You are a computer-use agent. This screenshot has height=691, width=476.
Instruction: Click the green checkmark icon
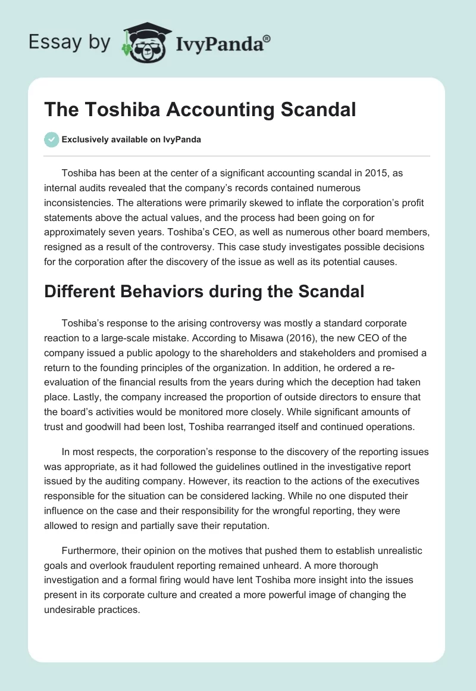coord(51,139)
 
